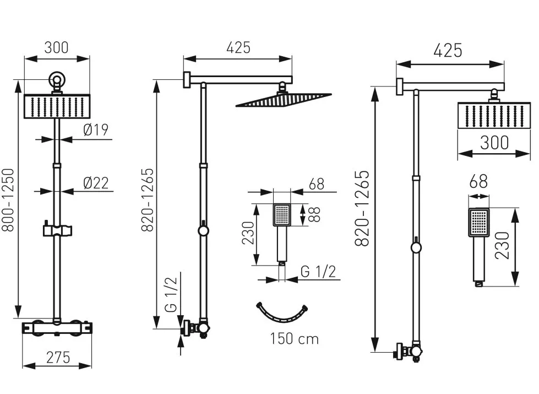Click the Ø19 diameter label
pos(95,130)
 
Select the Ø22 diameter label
pos(96,182)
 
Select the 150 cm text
pos(294,338)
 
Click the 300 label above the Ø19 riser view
pos(57,47)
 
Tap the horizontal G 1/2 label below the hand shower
pos(318,271)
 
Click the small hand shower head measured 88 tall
pos(282,215)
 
